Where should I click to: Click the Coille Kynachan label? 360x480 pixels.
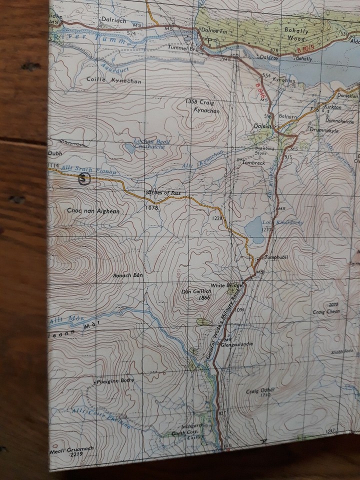107,80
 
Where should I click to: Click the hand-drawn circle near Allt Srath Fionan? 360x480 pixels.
85,178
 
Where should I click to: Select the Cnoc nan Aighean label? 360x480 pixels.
93,211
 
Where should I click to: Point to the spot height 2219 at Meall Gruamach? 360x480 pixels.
76,454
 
